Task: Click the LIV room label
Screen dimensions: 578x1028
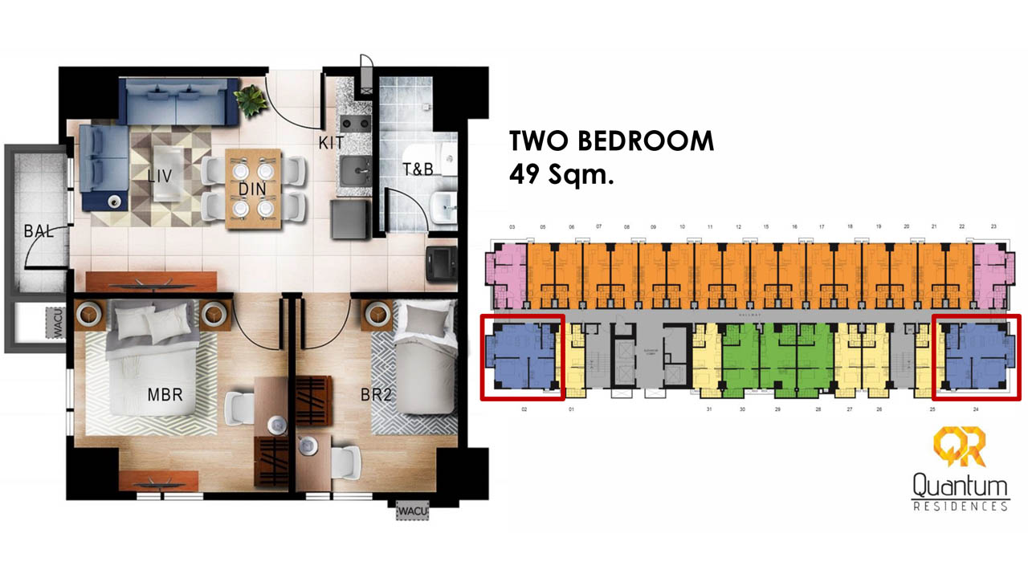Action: (x=160, y=175)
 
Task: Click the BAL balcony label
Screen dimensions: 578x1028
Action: (x=38, y=232)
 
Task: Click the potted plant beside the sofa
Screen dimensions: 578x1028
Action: (x=250, y=99)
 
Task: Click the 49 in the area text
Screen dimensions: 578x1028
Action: (x=525, y=174)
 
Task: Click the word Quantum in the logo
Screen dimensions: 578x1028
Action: (x=960, y=486)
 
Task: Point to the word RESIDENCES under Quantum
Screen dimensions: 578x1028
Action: (x=960, y=507)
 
